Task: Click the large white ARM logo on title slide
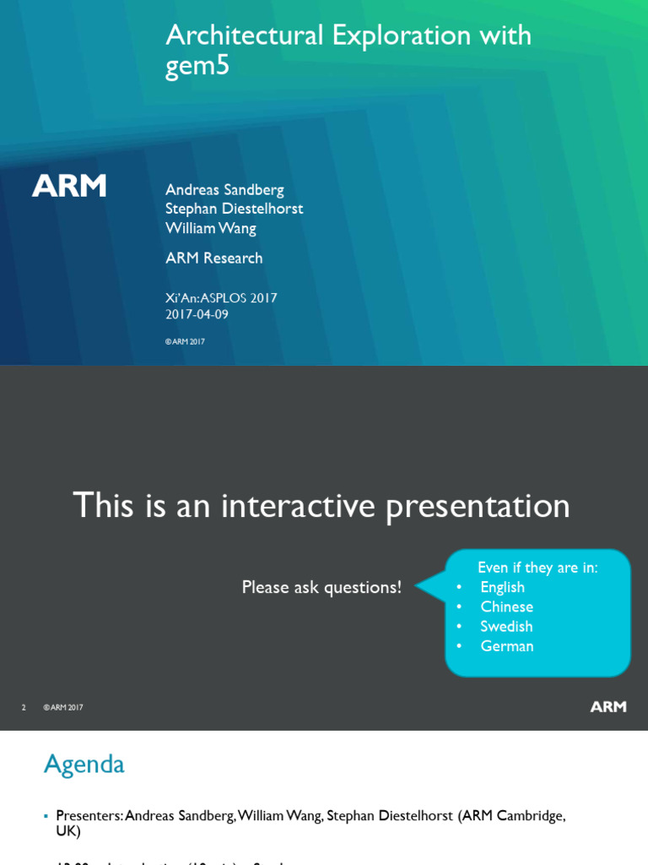click(x=69, y=186)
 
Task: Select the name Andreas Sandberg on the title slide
click(x=224, y=189)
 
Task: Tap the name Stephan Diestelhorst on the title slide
click(x=234, y=209)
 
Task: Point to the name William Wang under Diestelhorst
click(x=211, y=228)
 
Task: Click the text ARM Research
click(x=214, y=258)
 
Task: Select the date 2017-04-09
click(x=197, y=315)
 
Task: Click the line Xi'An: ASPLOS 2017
click(x=221, y=298)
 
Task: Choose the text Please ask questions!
click(x=321, y=587)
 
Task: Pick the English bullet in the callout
click(x=502, y=587)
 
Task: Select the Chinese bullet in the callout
click(x=506, y=607)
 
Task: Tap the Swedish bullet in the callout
click(x=506, y=626)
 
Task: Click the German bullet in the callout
click(x=507, y=646)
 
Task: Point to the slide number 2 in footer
click(x=24, y=708)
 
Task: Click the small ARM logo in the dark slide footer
click(x=607, y=707)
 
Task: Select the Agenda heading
click(x=84, y=764)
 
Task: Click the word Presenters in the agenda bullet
click(x=89, y=816)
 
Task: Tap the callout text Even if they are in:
click(x=537, y=568)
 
